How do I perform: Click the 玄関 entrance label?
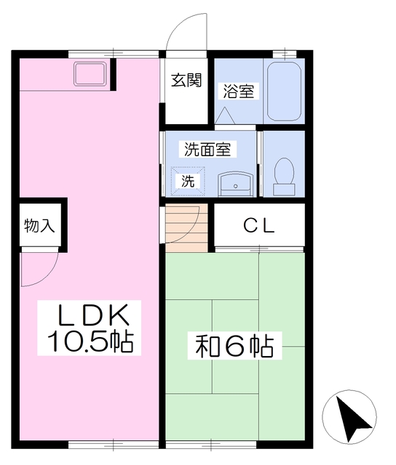pos(186,80)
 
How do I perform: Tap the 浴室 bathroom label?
pos(239,92)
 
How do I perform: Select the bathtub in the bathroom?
pos(284,92)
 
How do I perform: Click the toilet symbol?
pos(284,177)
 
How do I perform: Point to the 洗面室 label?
pos(207,149)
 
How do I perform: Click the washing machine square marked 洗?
pos(188,182)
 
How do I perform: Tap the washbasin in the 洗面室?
pos(236,185)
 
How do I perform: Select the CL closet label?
pos(258,226)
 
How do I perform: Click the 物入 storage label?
pos(39,226)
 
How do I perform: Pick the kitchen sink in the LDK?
pos(90,74)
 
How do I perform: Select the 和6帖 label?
pos(234,347)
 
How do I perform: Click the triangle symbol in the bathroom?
pos(225,116)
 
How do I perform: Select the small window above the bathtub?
pos(285,54)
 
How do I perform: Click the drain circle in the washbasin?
pos(236,186)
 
